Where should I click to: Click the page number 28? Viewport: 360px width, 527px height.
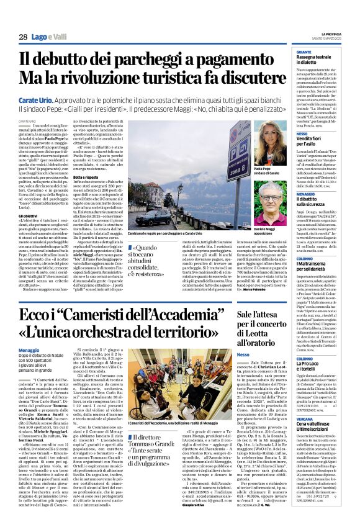click(x=22, y=38)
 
